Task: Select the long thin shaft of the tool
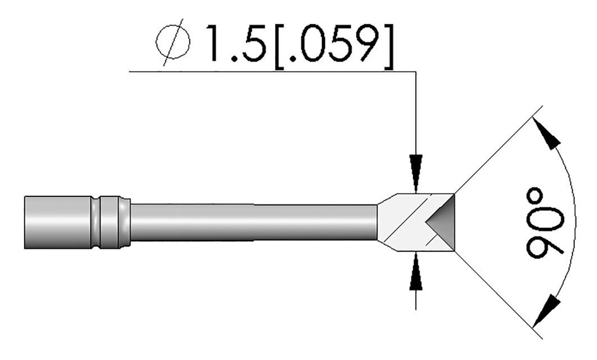coord(254,222)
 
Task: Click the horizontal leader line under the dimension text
coord(268,72)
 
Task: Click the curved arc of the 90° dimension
coord(573,192)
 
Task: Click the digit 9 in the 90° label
coord(545,247)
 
